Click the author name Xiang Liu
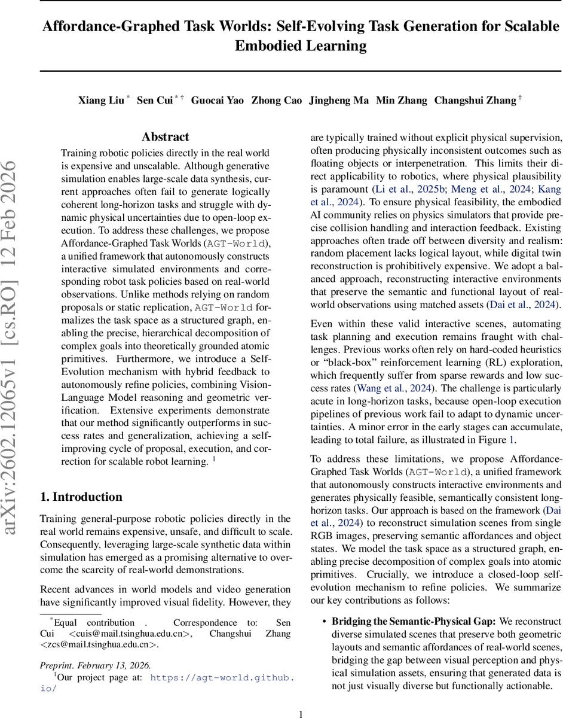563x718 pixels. coord(101,101)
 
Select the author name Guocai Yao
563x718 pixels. coord(217,101)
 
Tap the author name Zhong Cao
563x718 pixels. coord(276,101)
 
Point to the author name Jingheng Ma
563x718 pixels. coord(338,101)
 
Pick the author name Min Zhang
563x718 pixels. coord(401,101)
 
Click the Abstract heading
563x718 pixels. coord(165,137)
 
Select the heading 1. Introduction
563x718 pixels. coord(81,497)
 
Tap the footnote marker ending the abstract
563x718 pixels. coord(215,460)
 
